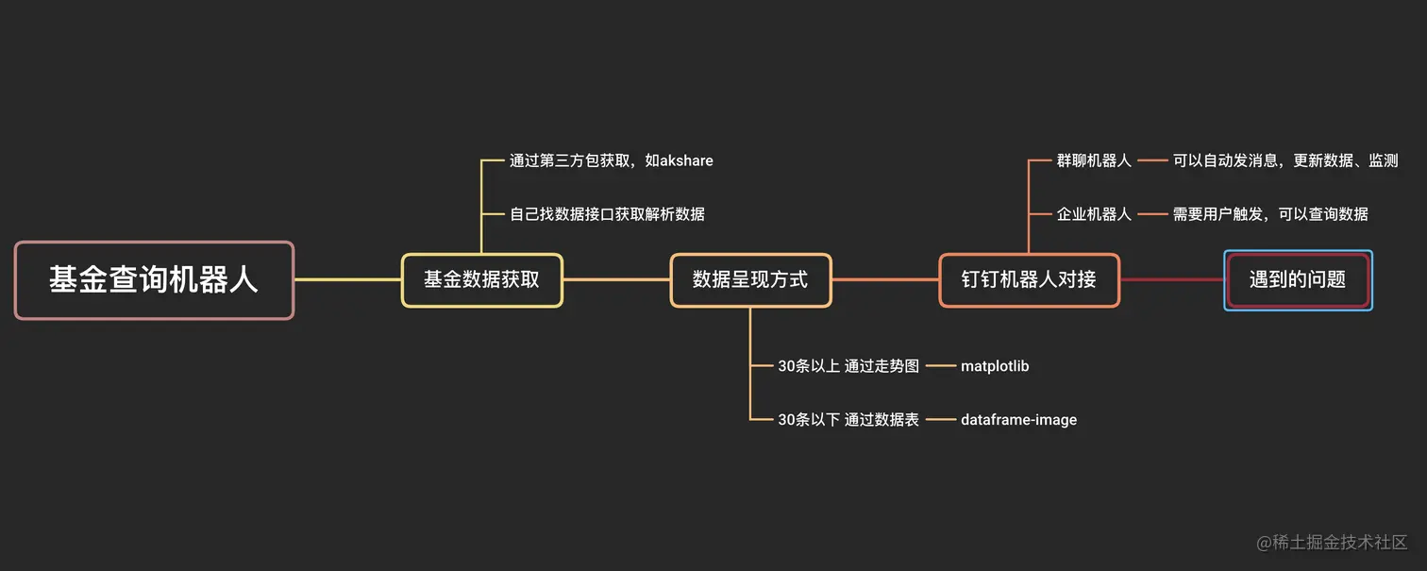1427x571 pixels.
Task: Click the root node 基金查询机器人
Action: (x=154, y=280)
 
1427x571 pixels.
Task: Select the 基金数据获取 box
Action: (x=481, y=280)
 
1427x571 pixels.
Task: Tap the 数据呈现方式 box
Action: (x=750, y=280)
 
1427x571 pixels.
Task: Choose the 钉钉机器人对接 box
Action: (x=1029, y=280)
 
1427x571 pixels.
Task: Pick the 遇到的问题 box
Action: (x=1298, y=280)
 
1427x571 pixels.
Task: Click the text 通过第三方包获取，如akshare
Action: (x=611, y=160)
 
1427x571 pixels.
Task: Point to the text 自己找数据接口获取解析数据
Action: (x=607, y=214)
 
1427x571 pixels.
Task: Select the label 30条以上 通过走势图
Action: (x=848, y=366)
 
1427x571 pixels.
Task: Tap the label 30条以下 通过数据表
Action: (x=848, y=420)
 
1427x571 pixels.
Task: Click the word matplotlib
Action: (x=994, y=366)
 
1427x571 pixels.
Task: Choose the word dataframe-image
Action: (x=1018, y=420)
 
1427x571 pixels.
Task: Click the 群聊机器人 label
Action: (x=1094, y=160)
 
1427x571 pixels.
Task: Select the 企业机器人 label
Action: (x=1094, y=214)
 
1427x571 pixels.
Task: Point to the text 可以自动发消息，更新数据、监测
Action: (x=1285, y=160)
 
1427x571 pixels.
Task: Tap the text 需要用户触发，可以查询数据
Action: (x=1270, y=214)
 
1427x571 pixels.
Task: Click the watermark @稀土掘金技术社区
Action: (x=1332, y=542)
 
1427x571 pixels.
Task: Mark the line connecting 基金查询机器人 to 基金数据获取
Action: (x=347, y=279)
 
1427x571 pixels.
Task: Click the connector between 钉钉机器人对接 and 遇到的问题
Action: (x=1171, y=279)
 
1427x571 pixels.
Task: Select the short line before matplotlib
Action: (x=939, y=366)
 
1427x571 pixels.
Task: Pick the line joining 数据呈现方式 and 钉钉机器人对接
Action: (x=885, y=279)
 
